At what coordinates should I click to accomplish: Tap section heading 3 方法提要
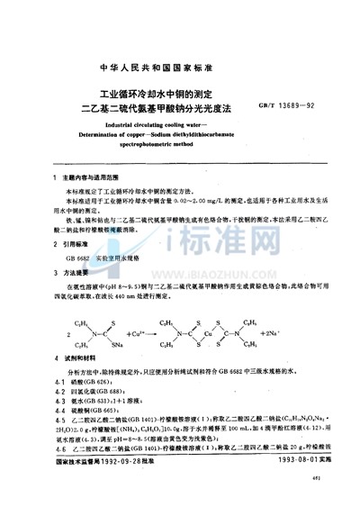(x=76, y=270)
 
